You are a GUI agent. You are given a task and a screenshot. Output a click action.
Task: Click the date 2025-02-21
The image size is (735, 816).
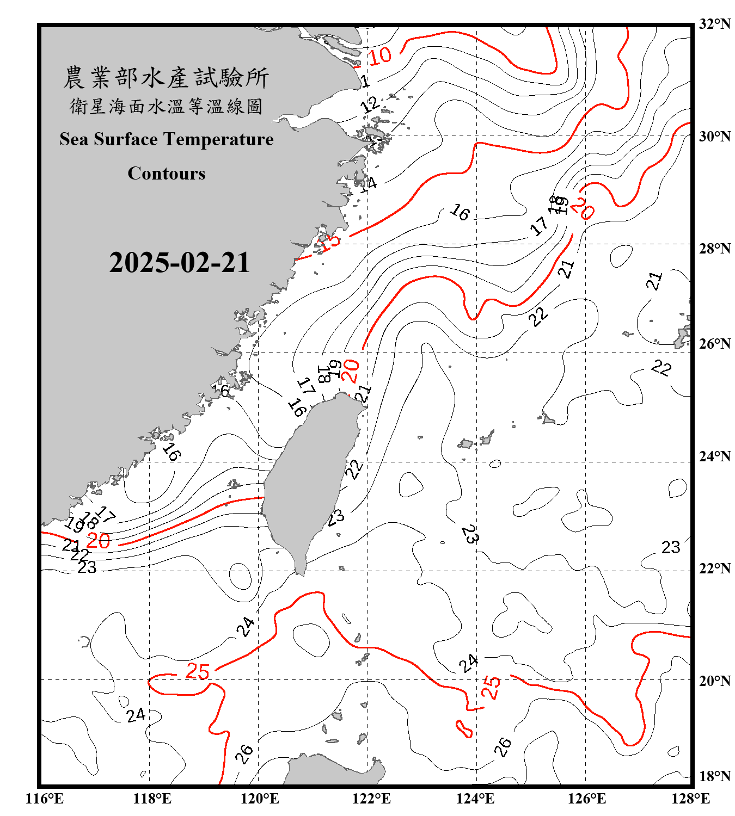(179, 263)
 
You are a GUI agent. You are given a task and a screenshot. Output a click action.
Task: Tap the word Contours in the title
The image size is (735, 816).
(167, 173)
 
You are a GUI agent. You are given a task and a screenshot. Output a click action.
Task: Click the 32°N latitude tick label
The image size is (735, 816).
(715, 23)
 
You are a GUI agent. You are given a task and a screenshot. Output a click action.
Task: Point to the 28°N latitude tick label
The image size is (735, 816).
(715, 248)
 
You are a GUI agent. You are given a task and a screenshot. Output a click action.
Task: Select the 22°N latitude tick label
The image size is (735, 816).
(715, 568)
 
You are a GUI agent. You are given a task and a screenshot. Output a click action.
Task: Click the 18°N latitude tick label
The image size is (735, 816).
(715, 776)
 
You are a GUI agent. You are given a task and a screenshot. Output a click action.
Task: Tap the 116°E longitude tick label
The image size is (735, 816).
(45, 799)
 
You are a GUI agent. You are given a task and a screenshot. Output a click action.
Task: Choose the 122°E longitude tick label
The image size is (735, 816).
(371, 799)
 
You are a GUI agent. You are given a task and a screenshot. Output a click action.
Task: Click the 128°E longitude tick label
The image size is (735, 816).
(690, 799)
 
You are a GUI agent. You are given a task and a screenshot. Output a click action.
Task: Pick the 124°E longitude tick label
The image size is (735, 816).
(476, 799)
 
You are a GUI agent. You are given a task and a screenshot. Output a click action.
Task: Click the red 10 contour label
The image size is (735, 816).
(379, 55)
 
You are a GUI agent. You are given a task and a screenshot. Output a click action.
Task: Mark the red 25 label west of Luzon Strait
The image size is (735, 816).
(198, 671)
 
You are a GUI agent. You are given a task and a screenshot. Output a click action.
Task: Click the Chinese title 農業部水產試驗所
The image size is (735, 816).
(166, 78)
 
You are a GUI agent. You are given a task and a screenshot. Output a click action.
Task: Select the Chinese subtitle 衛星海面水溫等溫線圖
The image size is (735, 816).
(166, 106)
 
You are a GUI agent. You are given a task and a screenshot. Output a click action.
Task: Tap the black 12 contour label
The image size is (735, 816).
(370, 104)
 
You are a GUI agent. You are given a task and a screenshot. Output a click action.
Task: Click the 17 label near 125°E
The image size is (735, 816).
(539, 225)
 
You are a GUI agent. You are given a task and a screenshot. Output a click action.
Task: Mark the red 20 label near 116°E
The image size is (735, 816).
(98, 540)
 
